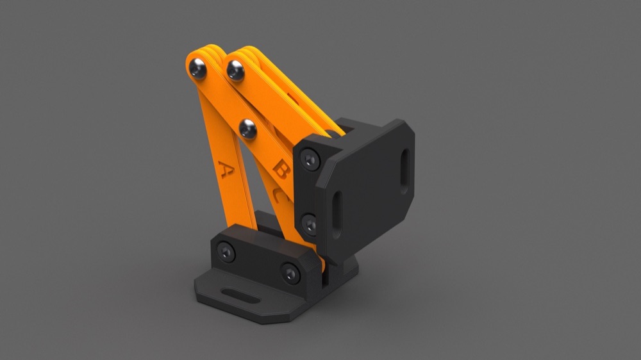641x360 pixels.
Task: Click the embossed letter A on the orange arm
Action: (225, 169)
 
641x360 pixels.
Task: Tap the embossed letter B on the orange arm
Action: (281, 169)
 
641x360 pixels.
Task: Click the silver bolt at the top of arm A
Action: (197, 69)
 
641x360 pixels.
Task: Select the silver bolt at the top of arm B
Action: (235, 70)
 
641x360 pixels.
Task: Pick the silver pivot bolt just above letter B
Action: (247, 129)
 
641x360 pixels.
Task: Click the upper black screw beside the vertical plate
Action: (310, 160)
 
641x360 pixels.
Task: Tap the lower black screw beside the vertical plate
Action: (310, 224)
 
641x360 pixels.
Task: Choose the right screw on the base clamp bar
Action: (290, 274)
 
